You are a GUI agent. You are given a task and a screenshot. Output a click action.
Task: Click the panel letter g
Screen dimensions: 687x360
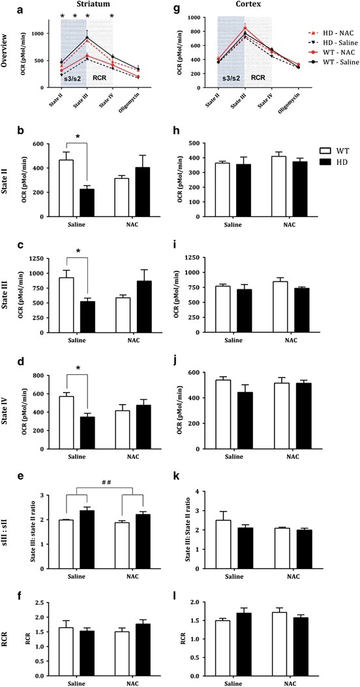[189, 7]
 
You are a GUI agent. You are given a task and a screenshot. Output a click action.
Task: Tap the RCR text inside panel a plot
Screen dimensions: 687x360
[100, 76]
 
